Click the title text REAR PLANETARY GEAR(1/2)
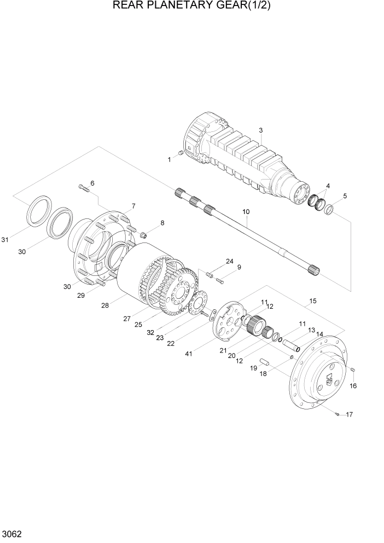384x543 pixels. tap(191, 7)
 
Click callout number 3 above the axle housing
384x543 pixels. tap(261, 130)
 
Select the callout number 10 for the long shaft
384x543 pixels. tap(246, 211)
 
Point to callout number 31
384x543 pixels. tap(5, 239)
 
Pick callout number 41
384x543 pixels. tap(189, 355)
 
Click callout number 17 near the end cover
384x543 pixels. tap(349, 414)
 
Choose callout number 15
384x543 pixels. tap(313, 301)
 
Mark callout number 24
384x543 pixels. tap(229, 261)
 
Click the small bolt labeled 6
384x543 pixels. tap(83, 189)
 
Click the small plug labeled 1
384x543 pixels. tap(182, 153)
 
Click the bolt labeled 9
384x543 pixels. tap(220, 281)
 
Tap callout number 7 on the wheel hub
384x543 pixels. tap(132, 206)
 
